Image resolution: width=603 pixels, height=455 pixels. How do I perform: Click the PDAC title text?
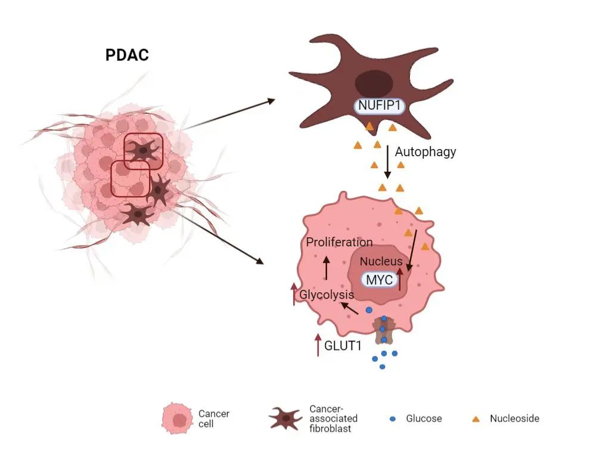(x=127, y=55)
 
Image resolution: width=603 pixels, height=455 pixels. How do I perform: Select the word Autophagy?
(x=425, y=151)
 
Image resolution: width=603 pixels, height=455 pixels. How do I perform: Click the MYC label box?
(x=380, y=279)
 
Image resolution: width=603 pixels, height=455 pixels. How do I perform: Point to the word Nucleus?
(x=381, y=261)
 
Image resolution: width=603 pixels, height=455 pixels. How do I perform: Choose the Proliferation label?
(x=339, y=242)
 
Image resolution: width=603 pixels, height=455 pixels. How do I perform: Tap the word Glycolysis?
(x=327, y=295)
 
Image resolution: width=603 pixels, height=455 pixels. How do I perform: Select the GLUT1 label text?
(x=343, y=345)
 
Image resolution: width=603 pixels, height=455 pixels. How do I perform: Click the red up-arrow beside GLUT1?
(x=318, y=345)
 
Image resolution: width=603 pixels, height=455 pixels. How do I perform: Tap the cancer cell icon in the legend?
(x=177, y=419)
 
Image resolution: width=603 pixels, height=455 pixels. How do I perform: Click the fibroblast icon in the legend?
(x=286, y=419)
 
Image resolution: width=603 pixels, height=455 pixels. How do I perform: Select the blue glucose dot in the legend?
(x=392, y=419)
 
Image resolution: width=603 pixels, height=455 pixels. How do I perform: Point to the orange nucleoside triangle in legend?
(x=475, y=419)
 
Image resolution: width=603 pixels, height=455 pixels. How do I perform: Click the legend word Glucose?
(x=424, y=419)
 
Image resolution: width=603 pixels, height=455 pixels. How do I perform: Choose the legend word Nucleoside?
(x=514, y=419)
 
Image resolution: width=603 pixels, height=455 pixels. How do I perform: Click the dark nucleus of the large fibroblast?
(x=374, y=82)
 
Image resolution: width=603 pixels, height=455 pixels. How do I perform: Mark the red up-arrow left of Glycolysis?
(x=294, y=293)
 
